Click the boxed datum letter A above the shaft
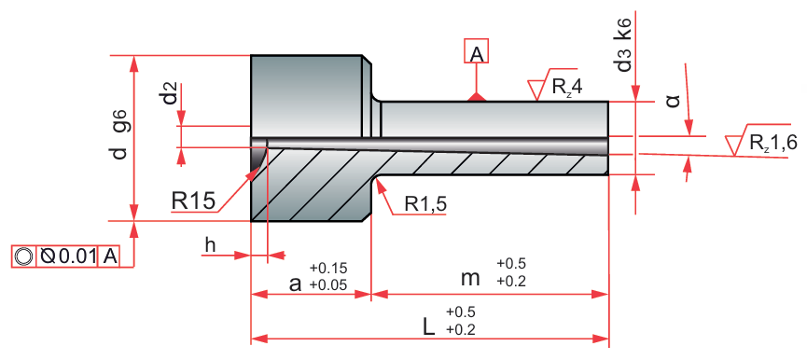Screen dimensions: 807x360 click(x=477, y=51)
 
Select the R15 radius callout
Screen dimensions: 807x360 click(x=192, y=201)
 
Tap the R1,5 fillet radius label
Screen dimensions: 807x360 click(x=425, y=204)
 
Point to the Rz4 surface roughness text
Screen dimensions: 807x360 click(x=567, y=87)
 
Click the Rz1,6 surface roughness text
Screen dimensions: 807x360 click(x=773, y=142)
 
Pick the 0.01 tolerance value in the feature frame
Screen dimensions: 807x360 click(x=77, y=256)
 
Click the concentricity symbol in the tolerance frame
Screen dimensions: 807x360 click(x=23, y=256)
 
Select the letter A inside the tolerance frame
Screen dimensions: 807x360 click(x=110, y=256)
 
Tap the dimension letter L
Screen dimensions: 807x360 click(x=428, y=326)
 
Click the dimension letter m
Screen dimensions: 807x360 click(x=470, y=279)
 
